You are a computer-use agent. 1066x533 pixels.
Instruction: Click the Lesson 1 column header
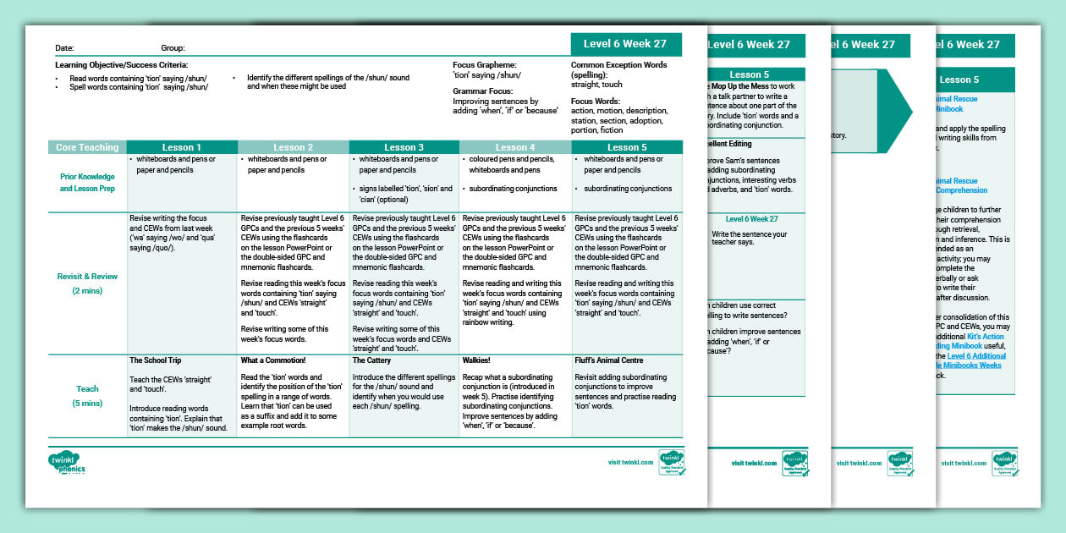point(181,147)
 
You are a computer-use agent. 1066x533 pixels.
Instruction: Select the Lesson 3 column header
point(404,147)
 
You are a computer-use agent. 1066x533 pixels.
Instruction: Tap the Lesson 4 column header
point(515,147)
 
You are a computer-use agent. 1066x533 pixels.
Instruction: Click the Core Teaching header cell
point(87,147)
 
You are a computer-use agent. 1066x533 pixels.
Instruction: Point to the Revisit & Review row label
point(88,276)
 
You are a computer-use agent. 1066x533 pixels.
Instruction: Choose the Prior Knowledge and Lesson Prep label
point(88,182)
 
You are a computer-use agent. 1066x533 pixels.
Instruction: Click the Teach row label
point(88,389)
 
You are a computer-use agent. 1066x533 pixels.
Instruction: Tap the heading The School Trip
point(156,360)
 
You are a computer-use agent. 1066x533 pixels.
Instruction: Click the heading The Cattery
point(371,360)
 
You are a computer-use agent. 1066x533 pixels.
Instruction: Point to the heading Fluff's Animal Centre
point(608,360)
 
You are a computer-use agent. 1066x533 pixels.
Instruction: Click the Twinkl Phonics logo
point(67,462)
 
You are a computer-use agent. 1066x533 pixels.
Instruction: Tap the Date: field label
point(64,48)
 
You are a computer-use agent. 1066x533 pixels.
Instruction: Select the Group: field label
point(173,48)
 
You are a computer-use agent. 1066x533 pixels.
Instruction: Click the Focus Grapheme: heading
point(485,64)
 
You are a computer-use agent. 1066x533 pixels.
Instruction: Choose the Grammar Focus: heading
point(483,91)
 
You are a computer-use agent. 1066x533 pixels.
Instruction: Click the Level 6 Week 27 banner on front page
point(626,44)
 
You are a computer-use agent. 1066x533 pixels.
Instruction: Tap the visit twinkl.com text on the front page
point(630,463)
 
